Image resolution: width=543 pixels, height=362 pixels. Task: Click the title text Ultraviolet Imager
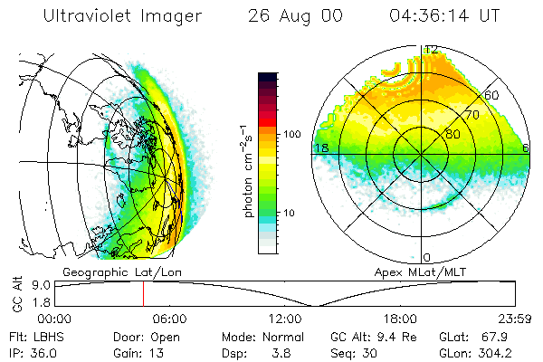(110, 16)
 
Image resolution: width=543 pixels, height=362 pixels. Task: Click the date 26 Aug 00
(293, 16)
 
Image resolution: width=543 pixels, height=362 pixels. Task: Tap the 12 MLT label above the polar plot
(432, 49)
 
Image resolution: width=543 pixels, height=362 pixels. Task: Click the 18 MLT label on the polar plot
(319, 148)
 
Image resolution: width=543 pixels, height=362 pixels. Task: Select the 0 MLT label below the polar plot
(426, 258)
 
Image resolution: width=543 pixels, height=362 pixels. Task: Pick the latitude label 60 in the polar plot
(491, 95)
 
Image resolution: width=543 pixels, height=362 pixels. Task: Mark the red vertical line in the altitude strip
(143, 294)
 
